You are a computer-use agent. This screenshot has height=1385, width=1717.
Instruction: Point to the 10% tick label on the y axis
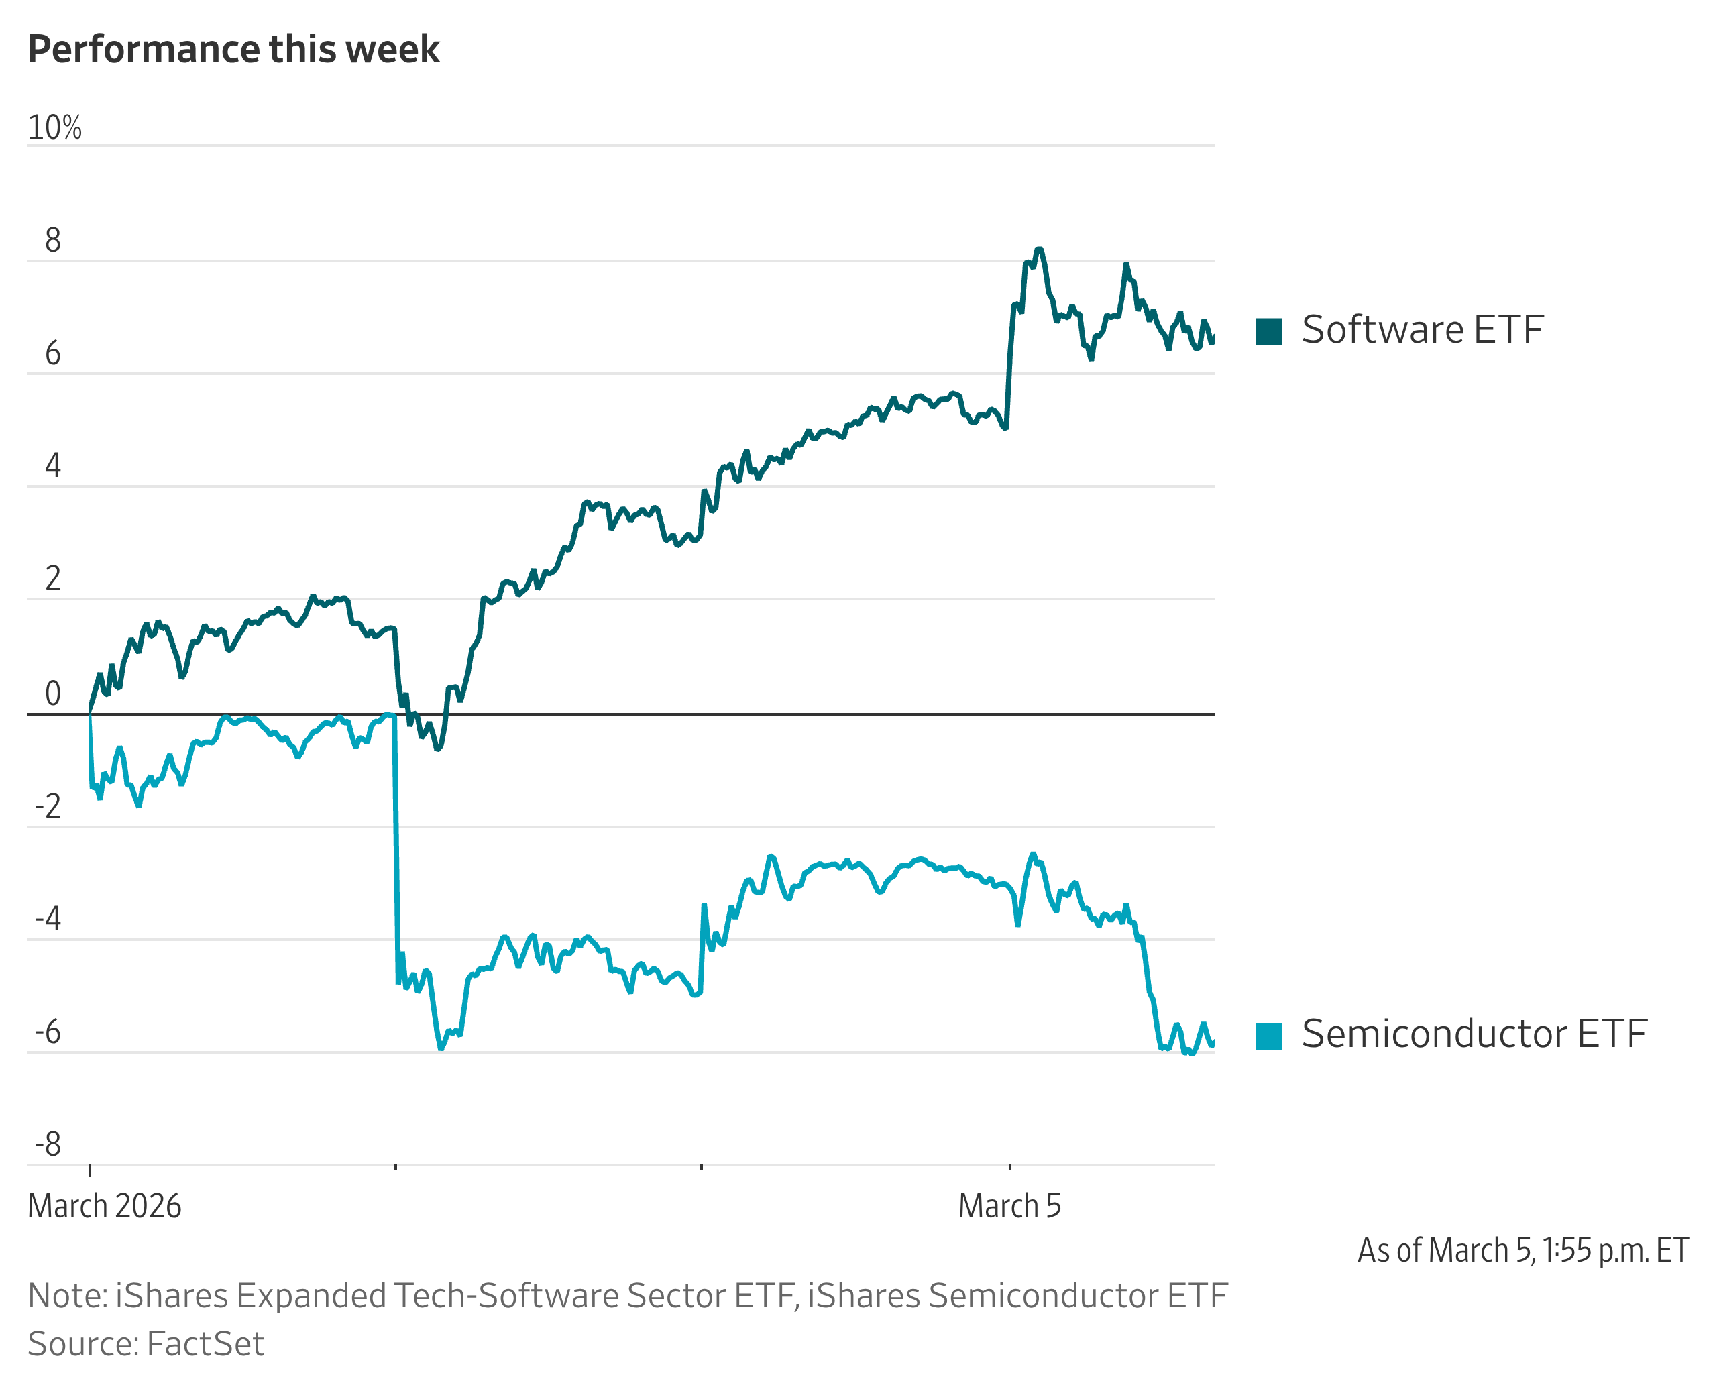(54, 127)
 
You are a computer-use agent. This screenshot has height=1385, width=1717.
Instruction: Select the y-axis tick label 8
(53, 240)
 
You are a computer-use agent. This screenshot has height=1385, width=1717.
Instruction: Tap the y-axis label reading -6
(48, 1032)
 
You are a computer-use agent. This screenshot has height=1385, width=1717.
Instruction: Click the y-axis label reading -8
(48, 1145)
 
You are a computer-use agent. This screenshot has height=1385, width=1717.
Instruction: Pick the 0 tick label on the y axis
(53, 694)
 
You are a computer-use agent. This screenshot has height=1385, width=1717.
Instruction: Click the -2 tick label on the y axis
(48, 807)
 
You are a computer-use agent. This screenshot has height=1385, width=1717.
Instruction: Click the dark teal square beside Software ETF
(1268, 331)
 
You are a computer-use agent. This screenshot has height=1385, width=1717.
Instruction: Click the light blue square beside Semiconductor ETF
(1268, 1036)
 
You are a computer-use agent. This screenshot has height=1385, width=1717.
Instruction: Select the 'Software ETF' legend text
(1422, 330)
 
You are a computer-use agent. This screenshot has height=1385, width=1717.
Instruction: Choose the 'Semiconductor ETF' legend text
(1474, 1035)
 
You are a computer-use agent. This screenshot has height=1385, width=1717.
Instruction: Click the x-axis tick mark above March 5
(1009, 1167)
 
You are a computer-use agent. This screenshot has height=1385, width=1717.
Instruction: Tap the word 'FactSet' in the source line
(205, 1344)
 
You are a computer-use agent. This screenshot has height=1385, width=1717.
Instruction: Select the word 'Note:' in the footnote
(68, 1296)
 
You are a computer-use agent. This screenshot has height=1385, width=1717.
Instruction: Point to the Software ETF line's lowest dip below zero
(438, 749)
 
